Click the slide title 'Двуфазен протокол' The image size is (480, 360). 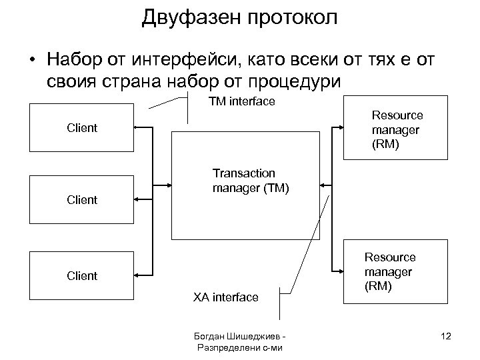coord(239,17)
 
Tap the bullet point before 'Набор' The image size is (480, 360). coord(32,61)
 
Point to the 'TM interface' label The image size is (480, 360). coord(241,101)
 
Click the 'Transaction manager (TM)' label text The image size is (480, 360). coord(250,181)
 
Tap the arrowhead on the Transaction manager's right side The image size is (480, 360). coord(323,185)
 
